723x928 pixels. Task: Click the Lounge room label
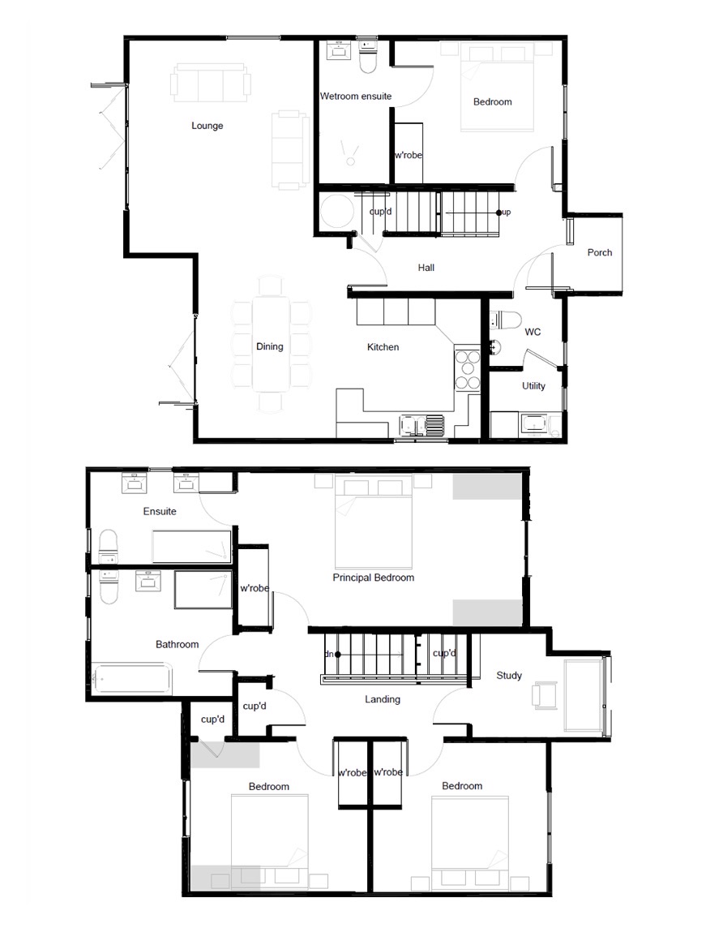click(x=207, y=126)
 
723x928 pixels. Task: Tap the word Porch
click(x=599, y=252)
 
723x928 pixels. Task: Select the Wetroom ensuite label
click(x=355, y=96)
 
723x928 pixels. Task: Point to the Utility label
click(x=533, y=385)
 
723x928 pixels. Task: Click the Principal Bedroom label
click(x=373, y=578)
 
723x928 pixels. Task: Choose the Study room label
click(x=509, y=675)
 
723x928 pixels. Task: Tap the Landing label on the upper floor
click(x=382, y=698)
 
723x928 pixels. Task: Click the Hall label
click(x=426, y=267)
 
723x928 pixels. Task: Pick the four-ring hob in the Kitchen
click(x=468, y=369)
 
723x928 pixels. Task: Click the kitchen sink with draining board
click(x=421, y=425)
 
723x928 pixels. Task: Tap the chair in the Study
click(x=544, y=695)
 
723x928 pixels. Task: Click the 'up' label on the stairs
click(x=506, y=213)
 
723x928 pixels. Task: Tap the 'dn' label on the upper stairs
click(x=329, y=653)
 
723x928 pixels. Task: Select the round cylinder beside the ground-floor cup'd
click(x=336, y=213)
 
